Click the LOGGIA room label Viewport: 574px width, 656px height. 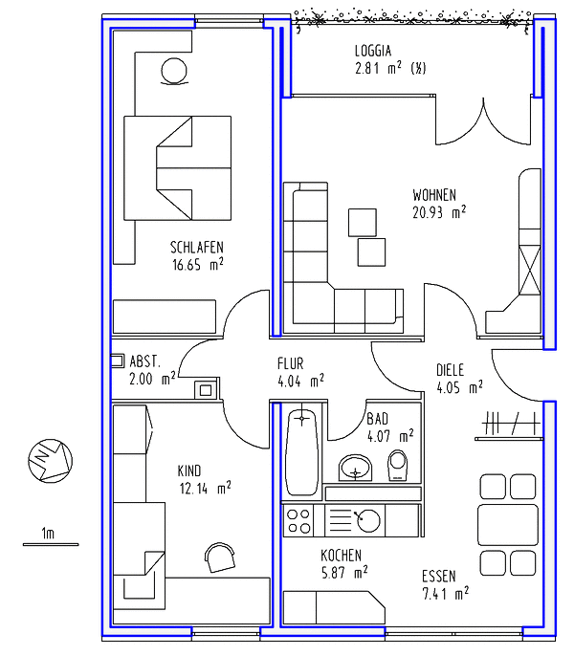pos(373,51)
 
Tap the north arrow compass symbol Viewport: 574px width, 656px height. pos(51,461)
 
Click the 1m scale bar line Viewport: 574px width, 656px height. pos(51,544)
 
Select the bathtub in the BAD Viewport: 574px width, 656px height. pos(302,451)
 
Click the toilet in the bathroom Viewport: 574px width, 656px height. pos(397,465)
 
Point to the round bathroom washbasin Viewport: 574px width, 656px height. pos(356,468)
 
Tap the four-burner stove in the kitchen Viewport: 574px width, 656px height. pos(298,520)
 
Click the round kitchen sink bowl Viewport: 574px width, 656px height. pos(368,521)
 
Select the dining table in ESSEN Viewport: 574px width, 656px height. pos(508,525)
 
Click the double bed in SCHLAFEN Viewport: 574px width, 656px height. pos(178,168)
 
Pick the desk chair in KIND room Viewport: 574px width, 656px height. pos(220,558)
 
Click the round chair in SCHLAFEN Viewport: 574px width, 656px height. pos(174,72)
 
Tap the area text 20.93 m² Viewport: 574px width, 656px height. pos(439,212)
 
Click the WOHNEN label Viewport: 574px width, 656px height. pos(434,195)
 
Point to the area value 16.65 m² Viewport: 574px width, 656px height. pos(198,264)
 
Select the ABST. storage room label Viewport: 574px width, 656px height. pos(144,361)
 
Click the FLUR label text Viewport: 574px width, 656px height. pos(291,363)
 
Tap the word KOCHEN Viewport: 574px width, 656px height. pos(341,556)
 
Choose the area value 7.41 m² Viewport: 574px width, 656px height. pos(446,593)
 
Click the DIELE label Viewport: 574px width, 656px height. pos(450,370)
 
